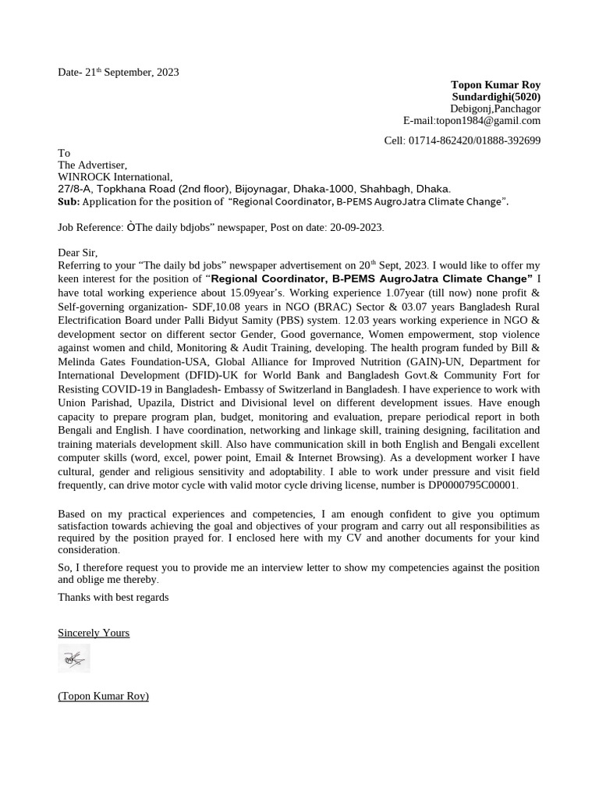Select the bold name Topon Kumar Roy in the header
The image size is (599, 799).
click(495, 84)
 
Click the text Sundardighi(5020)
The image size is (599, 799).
click(496, 97)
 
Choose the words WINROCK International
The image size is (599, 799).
click(115, 177)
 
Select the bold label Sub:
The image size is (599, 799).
click(69, 201)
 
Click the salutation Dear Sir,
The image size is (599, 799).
click(78, 252)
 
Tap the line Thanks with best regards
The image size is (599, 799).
click(113, 597)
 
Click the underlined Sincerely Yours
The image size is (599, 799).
click(94, 633)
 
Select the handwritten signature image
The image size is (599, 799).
click(74, 659)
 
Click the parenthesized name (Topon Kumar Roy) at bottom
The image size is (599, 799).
click(103, 695)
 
